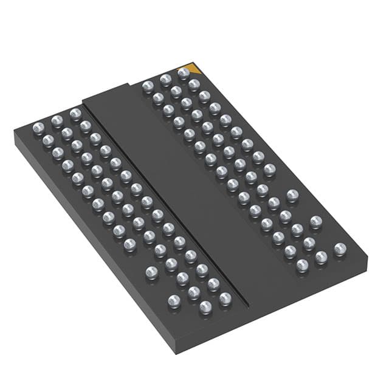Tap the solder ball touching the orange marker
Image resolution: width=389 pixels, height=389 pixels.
click(184, 73)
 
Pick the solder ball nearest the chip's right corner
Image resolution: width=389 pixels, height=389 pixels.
click(340, 248)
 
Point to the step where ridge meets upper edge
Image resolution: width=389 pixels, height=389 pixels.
click(128, 85)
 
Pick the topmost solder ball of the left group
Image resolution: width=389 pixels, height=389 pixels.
click(75, 114)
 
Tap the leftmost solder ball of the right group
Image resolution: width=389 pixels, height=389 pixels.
click(148, 87)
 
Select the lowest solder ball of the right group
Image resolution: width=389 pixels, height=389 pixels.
click(302, 265)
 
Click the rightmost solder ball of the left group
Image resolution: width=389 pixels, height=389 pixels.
click(225, 298)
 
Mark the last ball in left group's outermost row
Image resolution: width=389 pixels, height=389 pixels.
click(174, 300)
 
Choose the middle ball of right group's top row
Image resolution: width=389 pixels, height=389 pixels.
click(165, 80)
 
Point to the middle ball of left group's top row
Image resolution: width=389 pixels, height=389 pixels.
click(57, 120)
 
